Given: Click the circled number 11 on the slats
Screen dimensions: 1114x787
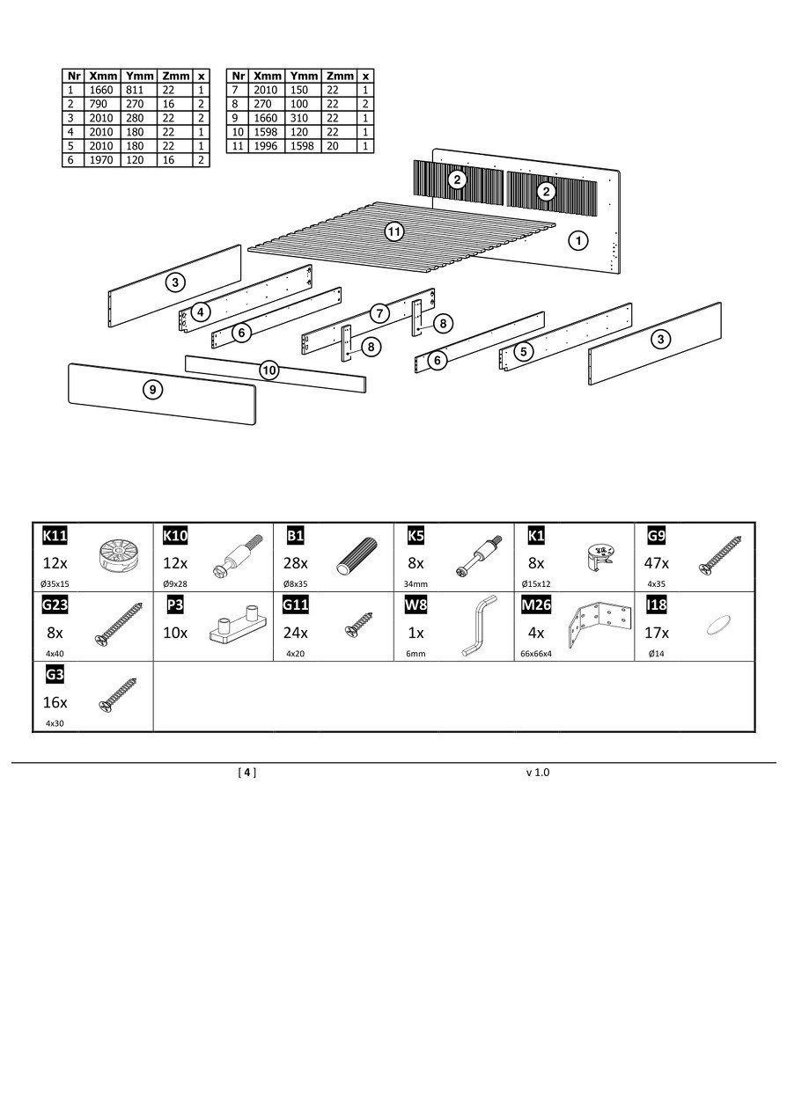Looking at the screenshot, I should [x=394, y=231].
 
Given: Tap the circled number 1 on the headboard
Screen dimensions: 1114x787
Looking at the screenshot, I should [x=577, y=239].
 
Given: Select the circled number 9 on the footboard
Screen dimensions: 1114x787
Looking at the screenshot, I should [x=153, y=390].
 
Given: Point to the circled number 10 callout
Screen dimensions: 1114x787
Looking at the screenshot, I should [x=269, y=370].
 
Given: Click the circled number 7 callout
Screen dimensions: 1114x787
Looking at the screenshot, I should [x=379, y=312].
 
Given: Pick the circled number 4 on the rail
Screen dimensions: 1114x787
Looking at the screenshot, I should [x=202, y=311].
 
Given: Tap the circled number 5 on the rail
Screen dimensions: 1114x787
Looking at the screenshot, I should [x=524, y=351].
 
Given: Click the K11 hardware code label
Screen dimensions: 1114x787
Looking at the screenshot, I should [x=55, y=536].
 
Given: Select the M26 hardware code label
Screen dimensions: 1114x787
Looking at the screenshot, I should [x=536, y=605].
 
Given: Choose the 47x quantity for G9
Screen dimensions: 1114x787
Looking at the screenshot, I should [x=658, y=563].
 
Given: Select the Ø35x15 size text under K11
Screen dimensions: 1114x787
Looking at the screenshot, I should [x=55, y=583].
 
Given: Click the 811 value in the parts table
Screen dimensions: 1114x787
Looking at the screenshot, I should [x=136, y=90].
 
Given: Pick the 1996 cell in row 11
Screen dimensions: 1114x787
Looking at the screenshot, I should [x=265, y=146].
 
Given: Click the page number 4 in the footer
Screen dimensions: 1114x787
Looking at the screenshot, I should [x=247, y=773].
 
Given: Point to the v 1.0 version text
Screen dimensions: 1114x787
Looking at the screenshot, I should [x=537, y=773].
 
